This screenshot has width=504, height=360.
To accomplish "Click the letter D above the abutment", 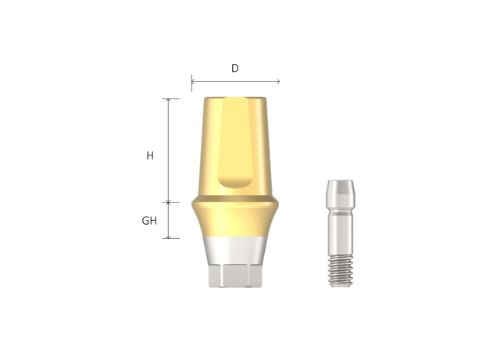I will [234, 69].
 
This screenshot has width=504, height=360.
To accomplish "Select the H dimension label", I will [150, 155].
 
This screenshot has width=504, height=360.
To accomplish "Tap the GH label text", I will [149, 221].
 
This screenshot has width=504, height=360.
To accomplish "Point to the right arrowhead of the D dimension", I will [277, 80].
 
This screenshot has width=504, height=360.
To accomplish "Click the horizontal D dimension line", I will [234, 80].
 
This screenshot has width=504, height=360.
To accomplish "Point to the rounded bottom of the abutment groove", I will [235, 183].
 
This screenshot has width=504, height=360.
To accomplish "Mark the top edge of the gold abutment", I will [234, 98].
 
